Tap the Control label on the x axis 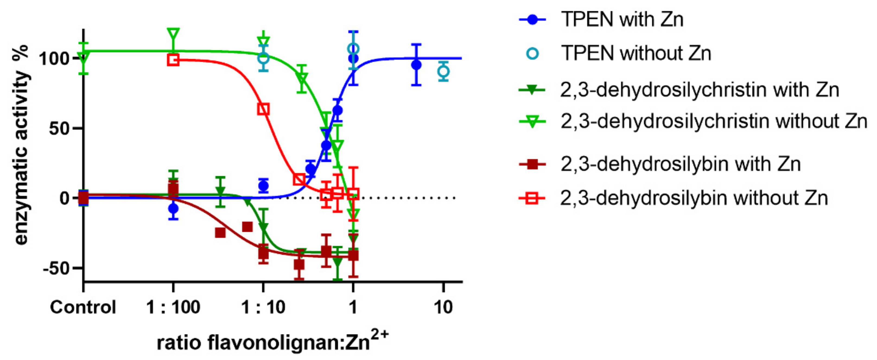(x=83, y=307)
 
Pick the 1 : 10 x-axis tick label (x=263, y=307)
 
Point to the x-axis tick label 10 (x=443, y=307)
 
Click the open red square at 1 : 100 (x=173, y=60)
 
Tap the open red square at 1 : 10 (x=263, y=109)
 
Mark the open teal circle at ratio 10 (x=443, y=72)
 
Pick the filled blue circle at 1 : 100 (x=173, y=208)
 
